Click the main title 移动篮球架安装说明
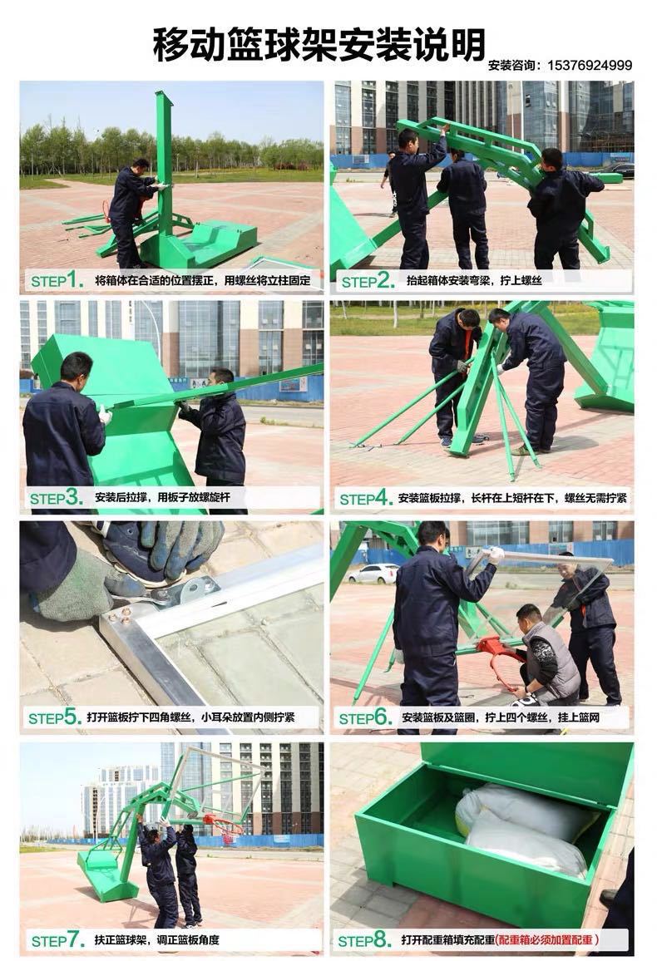click(x=319, y=44)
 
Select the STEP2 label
click(x=368, y=281)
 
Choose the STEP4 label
click(x=366, y=498)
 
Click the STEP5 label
click(x=55, y=717)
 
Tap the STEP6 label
click(x=366, y=717)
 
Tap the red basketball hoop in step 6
click(x=501, y=659)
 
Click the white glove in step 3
click(x=106, y=416)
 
